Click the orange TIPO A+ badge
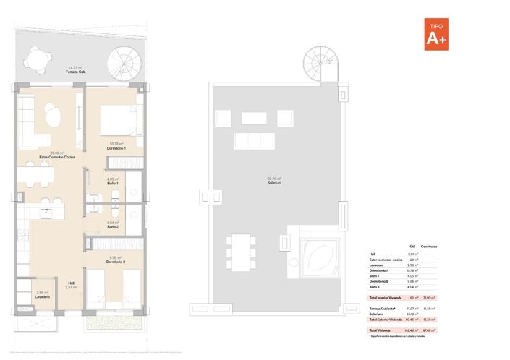(436, 34)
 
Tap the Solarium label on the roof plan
(273, 181)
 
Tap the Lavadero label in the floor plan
(42, 296)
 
